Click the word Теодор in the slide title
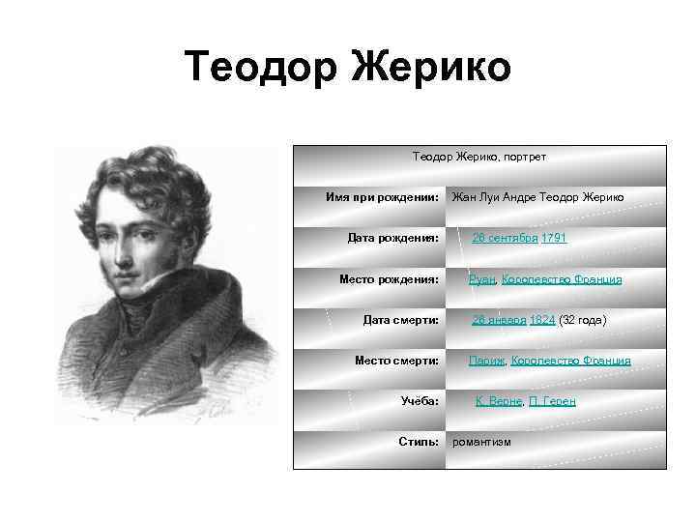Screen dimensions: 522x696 [x=261, y=68]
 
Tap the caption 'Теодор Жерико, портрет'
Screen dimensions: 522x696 [x=479, y=156]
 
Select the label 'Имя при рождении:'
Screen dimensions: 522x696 [x=383, y=197]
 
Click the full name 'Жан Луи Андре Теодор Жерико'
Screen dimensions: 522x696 [x=538, y=197]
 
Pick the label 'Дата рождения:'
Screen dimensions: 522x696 [x=393, y=238]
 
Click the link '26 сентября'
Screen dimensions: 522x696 [x=505, y=238]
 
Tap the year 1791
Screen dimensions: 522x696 [x=554, y=238]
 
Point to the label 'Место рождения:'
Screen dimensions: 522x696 [x=390, y=279]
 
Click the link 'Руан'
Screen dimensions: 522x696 [x=482, y=279]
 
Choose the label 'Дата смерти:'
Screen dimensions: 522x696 [x=401, y=320]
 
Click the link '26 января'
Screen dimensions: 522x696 [x=499, y=320]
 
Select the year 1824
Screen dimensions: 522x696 [x=542, y=320]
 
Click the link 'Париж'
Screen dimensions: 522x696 [x=486, y=361]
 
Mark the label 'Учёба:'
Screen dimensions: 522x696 [x=420, y=401]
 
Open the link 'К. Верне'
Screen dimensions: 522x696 [x=499, y=401]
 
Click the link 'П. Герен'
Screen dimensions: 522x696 [x=552, y=401]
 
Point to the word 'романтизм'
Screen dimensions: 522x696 [x=482, y=442]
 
